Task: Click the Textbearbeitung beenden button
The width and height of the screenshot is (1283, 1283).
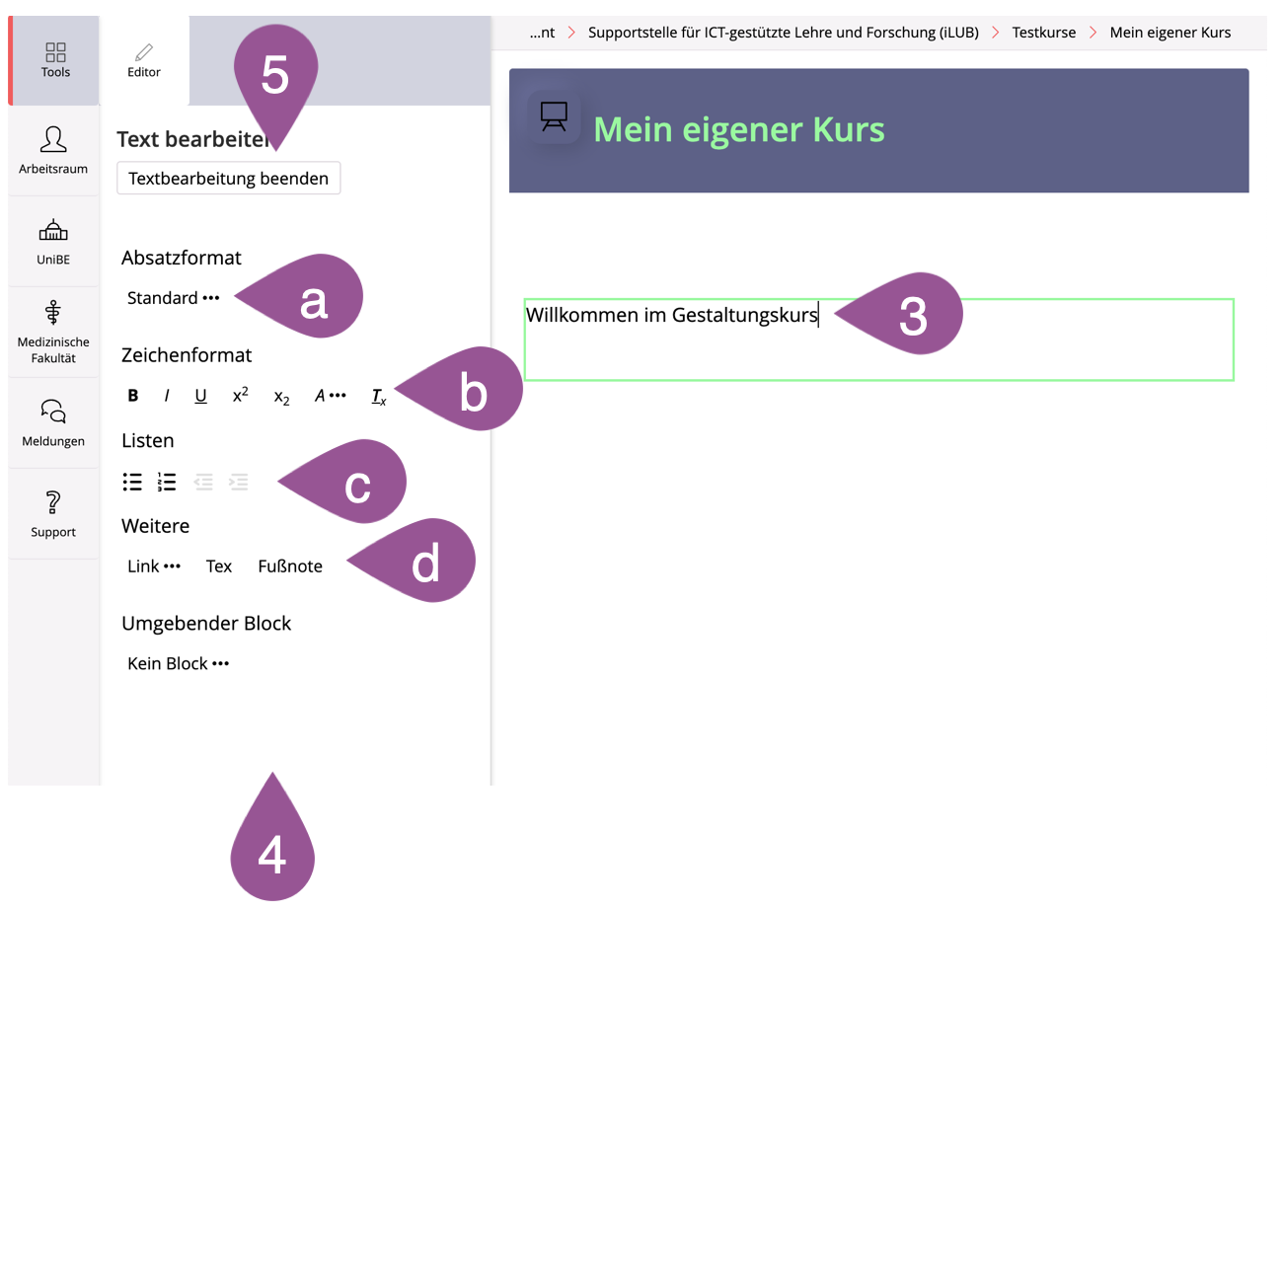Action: click(228, 179)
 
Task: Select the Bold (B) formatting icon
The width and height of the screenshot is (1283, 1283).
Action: click(133, 396)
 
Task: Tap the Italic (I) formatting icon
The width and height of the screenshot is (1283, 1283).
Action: click(167, 396)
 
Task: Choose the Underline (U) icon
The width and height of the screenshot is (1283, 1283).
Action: click(200, 396)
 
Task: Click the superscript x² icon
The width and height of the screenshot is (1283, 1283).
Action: click(241, 395)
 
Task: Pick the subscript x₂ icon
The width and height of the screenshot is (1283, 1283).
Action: click(281, 398)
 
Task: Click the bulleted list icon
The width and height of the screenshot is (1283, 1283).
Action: click(132, 482)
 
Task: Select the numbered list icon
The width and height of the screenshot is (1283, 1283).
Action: click(167, 482)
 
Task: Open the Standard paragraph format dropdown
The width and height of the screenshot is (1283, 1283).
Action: click(173, 298)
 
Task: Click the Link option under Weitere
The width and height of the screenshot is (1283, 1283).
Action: click(154, 566)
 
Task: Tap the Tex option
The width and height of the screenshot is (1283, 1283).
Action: click(218, 566)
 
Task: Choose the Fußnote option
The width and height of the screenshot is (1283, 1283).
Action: click(290, 566)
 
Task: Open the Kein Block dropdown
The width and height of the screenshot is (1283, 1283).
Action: click(178, 663)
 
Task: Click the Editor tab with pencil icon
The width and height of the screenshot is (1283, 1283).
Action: click(144, 60)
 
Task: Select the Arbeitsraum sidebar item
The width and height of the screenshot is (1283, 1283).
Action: click(53, 150)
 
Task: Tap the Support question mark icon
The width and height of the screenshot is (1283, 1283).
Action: click(53, 502)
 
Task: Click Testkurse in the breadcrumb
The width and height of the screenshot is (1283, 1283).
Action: click(1043, 33)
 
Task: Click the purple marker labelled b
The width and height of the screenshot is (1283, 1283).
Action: click(466, 389)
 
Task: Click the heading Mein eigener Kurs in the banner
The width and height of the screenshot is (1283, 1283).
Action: click(738, 129)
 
